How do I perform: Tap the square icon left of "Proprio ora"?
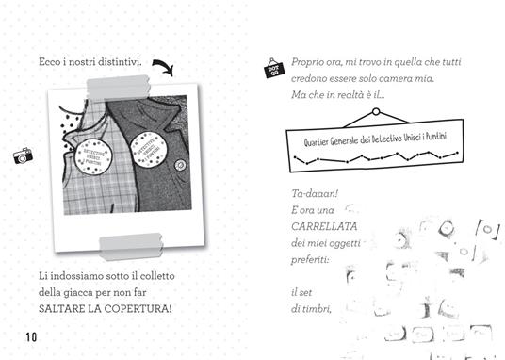(274, 68)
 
